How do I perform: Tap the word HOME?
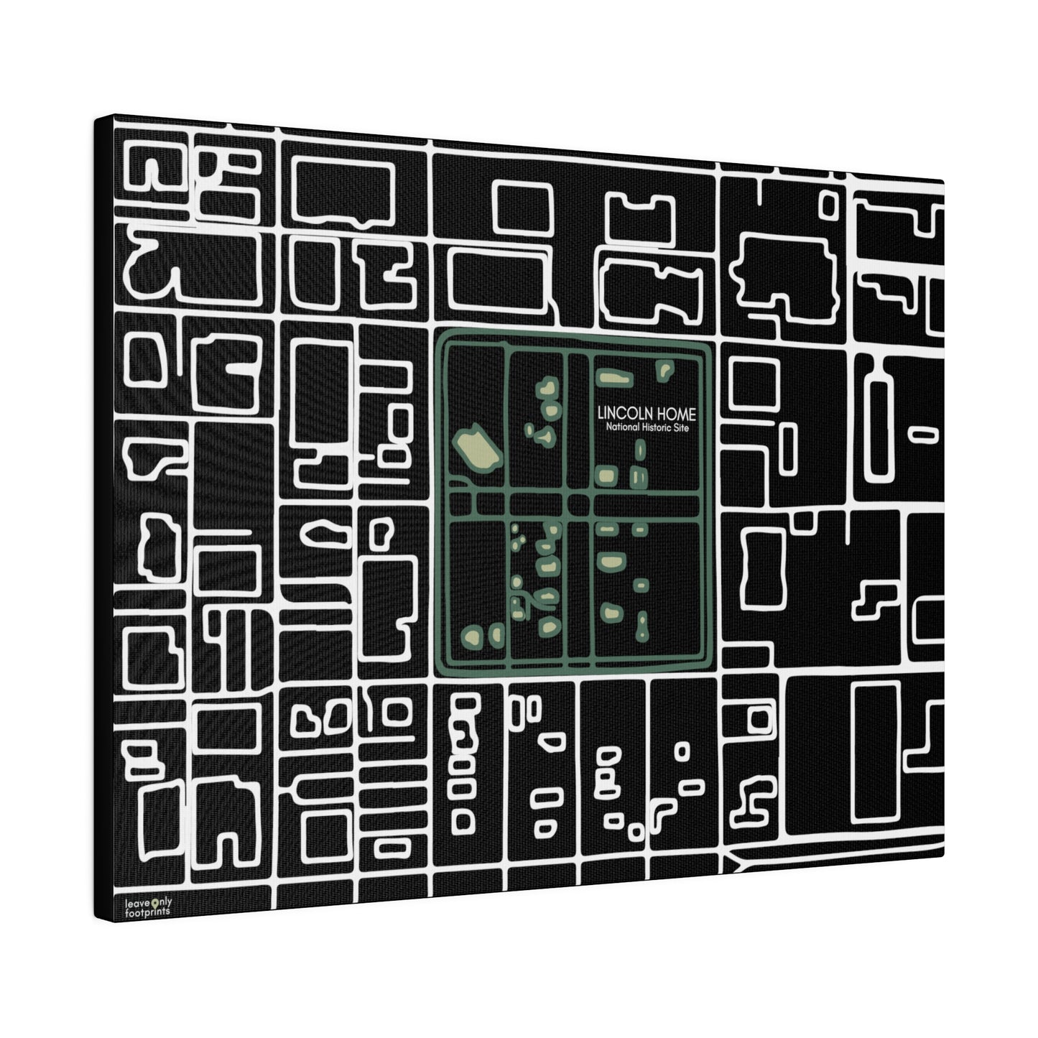676,414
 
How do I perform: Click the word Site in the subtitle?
682,428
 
